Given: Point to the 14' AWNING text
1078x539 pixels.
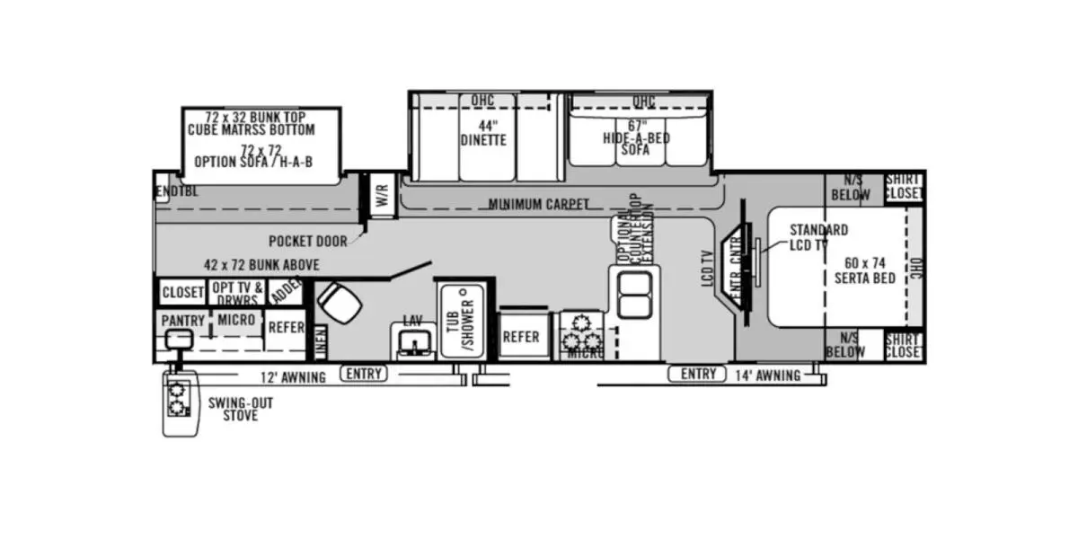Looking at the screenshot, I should point(768,376).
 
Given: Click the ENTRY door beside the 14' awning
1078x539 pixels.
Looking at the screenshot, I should point(698,374).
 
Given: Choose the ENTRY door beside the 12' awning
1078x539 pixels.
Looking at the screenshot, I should point(363,374).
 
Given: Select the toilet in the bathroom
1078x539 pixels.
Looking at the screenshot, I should point(339,304).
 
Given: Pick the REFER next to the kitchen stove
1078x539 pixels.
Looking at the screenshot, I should point(521,337).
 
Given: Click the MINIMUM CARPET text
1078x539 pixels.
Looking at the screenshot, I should point(539,205).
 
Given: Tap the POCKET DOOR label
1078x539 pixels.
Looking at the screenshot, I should point(308,242).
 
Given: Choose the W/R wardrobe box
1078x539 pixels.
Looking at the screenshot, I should point(382,194).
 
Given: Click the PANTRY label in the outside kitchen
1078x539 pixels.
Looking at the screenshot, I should point(183,321).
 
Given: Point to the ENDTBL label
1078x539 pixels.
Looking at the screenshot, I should point(176,191).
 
